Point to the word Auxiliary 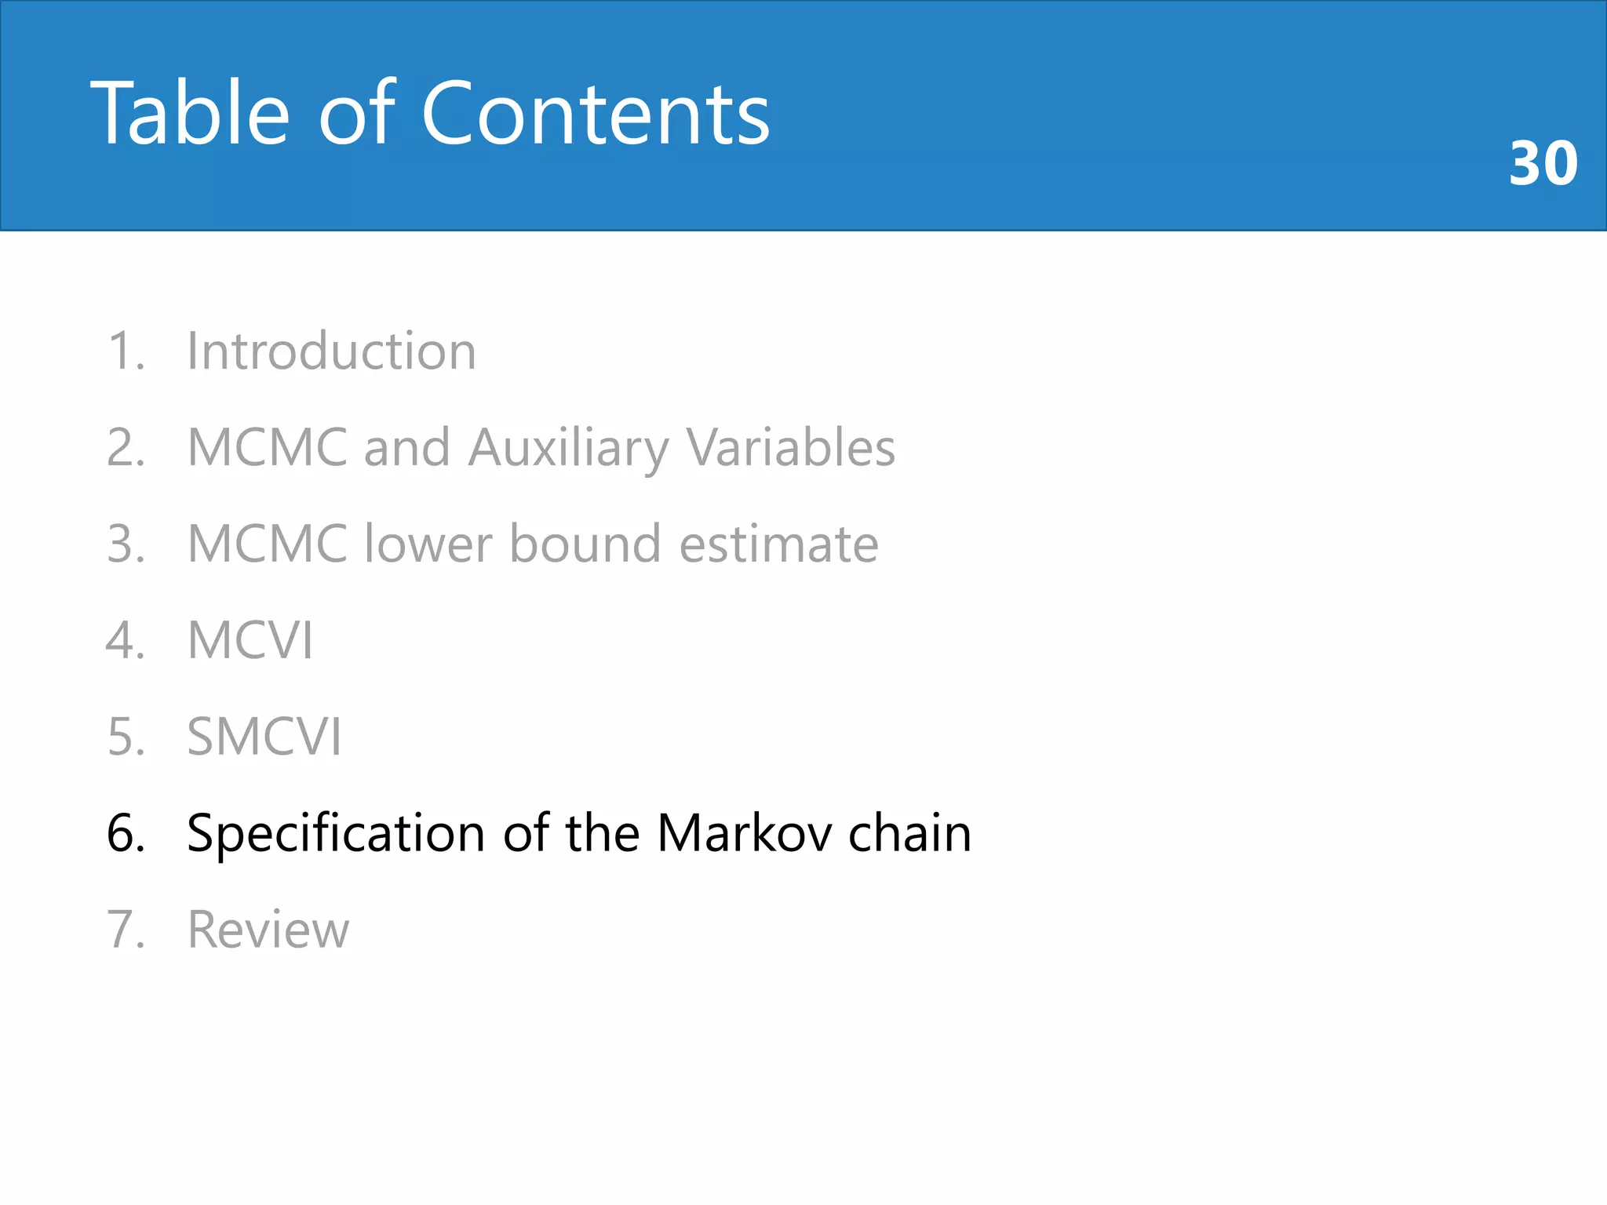tap(568, 448)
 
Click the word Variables tap(790, 448)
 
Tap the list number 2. tap(126, 448)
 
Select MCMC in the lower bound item tap(268, 544)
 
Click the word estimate tap(778, 544)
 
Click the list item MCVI tap(250, 640)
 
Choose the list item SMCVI tap(264, 737)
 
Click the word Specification tap(336, 833)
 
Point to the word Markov tap(744, 833)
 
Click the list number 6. tap(126, 833)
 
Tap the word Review tap(268, 930)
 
